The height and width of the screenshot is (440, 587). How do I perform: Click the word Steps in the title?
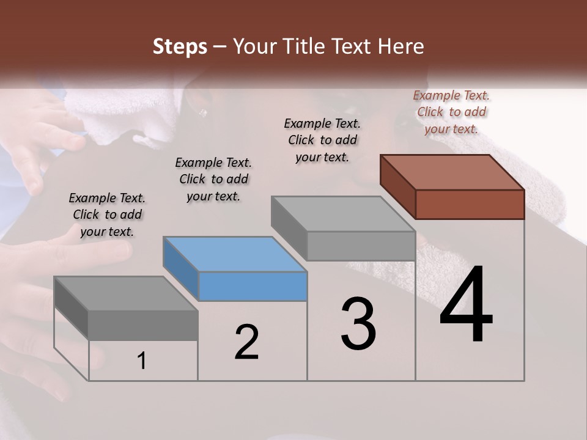point(179,47)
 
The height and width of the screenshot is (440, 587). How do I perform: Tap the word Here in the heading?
point(399,46)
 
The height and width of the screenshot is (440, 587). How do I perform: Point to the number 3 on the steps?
point(358,324)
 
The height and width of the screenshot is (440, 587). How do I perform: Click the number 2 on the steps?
point(246,343)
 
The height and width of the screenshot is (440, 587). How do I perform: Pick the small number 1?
point(142,361)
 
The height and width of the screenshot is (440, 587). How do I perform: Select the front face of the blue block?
point(253,287)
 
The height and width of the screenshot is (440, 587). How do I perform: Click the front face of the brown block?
point(470,204)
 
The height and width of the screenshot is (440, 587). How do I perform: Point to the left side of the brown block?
point(397,186)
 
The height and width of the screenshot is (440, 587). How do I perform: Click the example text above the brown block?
point(451,112)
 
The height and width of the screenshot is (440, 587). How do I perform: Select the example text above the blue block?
point(213,179)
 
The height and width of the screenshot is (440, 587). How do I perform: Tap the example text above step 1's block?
point(107,215)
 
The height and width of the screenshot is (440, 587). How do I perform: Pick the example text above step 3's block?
point(322,140)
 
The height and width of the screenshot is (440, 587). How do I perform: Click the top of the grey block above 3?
point(343,214)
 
